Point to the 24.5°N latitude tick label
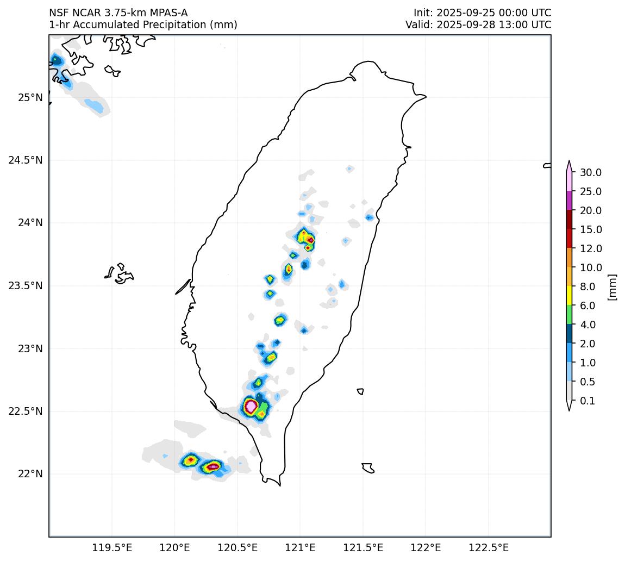pos(26,160)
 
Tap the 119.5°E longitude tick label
pos(112,547)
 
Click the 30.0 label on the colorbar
pos(591,173)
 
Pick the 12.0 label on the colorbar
pos(591,249)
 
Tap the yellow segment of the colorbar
pos(569,296)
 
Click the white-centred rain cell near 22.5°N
pos(251,406)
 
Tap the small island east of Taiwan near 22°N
pos(368,467)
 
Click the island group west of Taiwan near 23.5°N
pos(120,273)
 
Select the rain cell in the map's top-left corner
pos(55,60)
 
